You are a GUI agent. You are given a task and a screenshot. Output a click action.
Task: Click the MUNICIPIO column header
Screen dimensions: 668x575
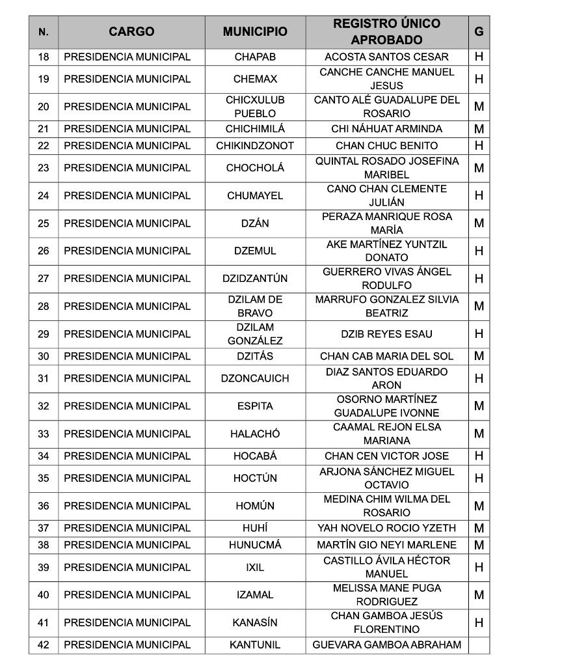[255, 31]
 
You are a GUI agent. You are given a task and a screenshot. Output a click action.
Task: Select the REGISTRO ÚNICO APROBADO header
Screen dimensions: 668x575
[386, 31]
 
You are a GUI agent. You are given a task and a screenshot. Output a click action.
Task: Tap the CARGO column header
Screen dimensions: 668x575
[131, 31]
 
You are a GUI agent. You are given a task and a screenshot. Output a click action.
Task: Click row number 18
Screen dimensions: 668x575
[44, 57]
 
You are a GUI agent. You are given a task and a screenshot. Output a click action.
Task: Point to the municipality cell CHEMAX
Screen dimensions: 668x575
[255, 79]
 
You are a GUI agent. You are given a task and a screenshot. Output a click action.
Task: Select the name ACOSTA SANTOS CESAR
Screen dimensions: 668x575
[386, 57]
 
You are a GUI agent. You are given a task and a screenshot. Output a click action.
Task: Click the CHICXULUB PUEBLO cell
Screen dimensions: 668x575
[255, 107]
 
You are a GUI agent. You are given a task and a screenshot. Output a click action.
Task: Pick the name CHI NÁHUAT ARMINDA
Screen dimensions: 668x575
[386, 129]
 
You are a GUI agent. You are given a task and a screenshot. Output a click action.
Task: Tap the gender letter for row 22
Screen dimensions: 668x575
[479, 146]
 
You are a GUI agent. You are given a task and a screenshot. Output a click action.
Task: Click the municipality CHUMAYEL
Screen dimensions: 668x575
[255, 195]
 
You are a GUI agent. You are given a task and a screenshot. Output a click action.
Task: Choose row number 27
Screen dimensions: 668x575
[44, 279]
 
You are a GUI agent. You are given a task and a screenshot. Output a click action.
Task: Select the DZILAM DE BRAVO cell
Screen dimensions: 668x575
[255, 306]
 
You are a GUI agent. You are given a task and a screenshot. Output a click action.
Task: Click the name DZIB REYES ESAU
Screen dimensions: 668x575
[386, 334]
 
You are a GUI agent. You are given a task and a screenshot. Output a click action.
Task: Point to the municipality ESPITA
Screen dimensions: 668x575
[255, 406]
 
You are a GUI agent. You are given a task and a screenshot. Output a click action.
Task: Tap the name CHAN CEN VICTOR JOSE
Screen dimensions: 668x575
[386, 456]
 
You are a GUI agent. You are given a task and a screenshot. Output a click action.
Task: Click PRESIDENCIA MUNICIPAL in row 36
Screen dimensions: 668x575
[127, 506]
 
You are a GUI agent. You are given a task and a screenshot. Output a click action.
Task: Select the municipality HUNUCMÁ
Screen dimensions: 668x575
[255, 545]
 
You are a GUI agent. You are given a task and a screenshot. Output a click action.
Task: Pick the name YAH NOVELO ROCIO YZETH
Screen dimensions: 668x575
[386, 528]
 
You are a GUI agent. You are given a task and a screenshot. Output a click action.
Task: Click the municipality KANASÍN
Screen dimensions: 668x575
[255, 622]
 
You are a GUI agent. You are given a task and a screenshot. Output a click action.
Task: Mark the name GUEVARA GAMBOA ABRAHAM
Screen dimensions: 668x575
[386, 645]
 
